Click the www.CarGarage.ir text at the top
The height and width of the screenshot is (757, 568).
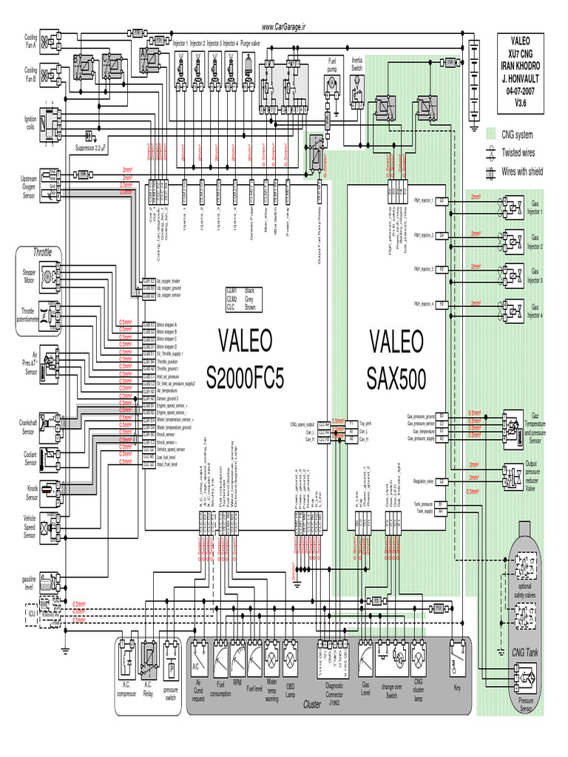tap(283, 27)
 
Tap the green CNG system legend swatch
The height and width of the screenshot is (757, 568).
tap(490, 135)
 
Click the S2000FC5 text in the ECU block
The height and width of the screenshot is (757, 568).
tap(245, 379)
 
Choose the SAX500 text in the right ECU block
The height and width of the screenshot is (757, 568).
tap(396, 379)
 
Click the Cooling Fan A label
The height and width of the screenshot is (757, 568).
tap(30, 41)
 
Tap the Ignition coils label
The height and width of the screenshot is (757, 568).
tap(30, 122)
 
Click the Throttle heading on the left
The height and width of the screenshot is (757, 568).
tap(42, 252)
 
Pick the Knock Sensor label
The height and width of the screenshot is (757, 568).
tap(29, 489)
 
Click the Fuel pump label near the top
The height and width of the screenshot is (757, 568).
tap(332, 64)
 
